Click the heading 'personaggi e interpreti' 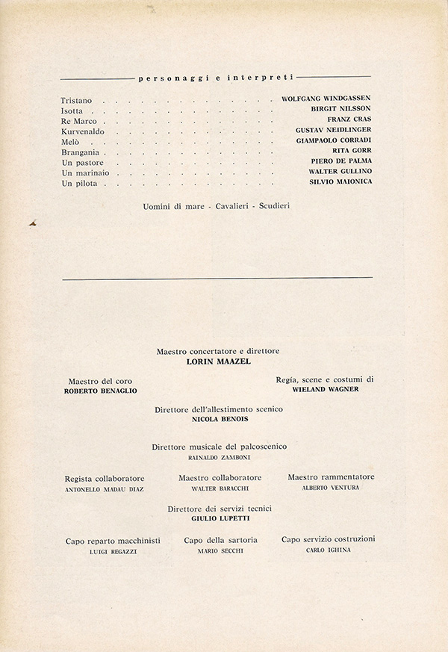tap(216, 77)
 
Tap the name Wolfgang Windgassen tap(326, 98)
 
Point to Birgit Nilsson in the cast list tap(340, 108)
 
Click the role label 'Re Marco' tap(79, 120)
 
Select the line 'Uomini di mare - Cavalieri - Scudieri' tap(216, 205)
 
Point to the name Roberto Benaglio tap(101, 391)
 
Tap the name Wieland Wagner tap(326, 389)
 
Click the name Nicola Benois tap(219, 420)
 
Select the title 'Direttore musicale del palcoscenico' tap(219, 447)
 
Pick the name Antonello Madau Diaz tap(105, 489)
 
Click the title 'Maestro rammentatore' tap(331, 477)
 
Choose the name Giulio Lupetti tap(219, 519)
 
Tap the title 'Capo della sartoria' tap(220, 539)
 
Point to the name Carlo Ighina tap(329, 550)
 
